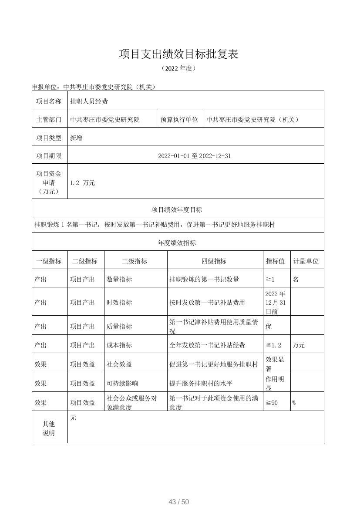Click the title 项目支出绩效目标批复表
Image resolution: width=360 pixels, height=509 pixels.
[179, 54]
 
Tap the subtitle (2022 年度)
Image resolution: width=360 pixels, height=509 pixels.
[179, 68]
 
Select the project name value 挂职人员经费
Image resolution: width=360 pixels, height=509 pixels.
[89, 101]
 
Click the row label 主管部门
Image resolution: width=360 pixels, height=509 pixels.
[50, 119]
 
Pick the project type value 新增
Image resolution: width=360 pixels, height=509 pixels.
[76, 138]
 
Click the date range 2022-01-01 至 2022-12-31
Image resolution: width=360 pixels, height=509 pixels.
[195, 156]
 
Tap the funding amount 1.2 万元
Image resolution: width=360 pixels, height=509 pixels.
[82, 183]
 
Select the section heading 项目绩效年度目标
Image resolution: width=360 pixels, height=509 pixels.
[177, 210]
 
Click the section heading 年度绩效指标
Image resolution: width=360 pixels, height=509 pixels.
[177, 243]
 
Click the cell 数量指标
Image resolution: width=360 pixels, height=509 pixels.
[119, 280]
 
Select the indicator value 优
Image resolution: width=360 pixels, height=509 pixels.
[269, 326]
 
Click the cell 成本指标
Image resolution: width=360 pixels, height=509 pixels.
[119, 345]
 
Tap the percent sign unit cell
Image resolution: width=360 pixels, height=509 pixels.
[294, 403]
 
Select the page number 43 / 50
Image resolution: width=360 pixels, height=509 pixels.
[179, 502]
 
